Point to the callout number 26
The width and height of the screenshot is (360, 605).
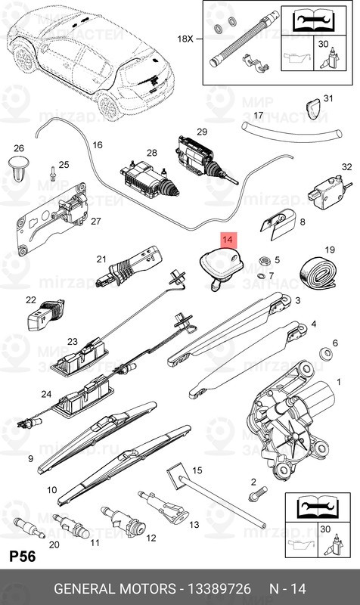click(x=20, y=148)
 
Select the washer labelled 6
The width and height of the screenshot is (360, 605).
click(x=327, y=352)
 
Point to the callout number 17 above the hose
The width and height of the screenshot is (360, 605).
click(x=258, y=116)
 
